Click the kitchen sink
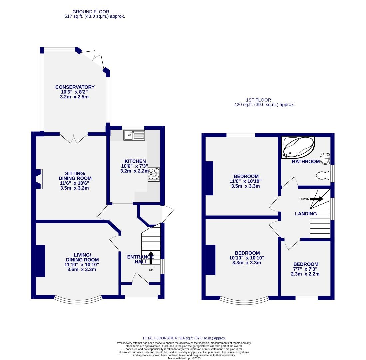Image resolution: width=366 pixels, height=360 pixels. [x=134, y=135]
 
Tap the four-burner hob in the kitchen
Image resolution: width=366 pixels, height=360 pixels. [x=154, y=174]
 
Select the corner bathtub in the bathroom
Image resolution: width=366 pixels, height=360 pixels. [x=298, y=147]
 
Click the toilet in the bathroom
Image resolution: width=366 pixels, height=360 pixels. [x=322, y=175]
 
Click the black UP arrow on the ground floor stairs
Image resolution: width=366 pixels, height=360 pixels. [x=151, y=258]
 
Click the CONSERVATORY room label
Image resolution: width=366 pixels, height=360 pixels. [x=75, y=87]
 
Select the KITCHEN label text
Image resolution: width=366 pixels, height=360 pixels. [x=135, y=161]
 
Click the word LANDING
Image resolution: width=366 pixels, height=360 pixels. [x=306, y=214]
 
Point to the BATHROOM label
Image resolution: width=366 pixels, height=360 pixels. [x=306, y=161]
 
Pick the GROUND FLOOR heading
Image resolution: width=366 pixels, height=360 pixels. [x=91, y=12]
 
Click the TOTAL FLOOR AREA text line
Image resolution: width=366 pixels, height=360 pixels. [x=184, y=338]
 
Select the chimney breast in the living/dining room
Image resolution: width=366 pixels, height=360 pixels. [x=40, y=261]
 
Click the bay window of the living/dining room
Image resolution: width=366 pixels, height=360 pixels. [x=77, y=299]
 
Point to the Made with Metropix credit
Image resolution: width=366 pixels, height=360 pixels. [x=184, y=358]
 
